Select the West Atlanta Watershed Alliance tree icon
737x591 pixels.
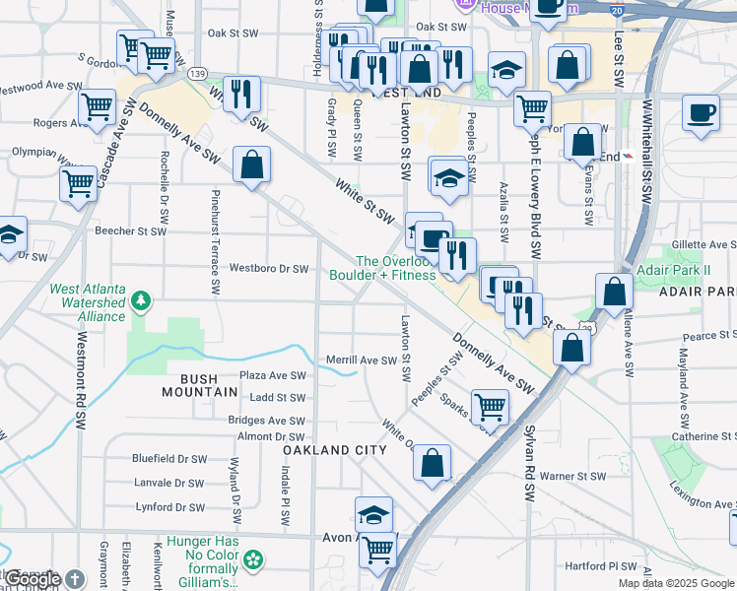(x=142, y=299)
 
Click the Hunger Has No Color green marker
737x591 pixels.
(x=254, y=559)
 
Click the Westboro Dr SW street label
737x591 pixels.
(x=269, y=268)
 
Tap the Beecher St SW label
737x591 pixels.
(x=128, y=231)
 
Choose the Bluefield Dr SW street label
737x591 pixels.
(x=170, y=458)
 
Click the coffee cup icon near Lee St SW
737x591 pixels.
(x=702, y=112)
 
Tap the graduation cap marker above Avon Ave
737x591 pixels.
(x=373, y=515)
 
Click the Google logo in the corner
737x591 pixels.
(x=33, y=579)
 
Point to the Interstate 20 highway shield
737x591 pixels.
(x=616, y=8)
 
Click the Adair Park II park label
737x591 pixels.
(x=690, y=269)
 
